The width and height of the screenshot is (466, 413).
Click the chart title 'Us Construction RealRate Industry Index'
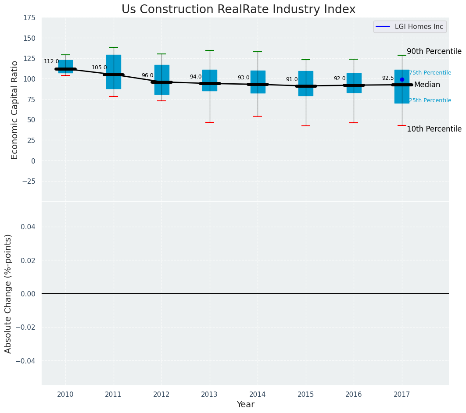click(238, 10)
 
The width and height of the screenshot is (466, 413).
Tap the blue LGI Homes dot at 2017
click(402, 79)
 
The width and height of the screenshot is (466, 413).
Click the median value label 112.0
click(51, 61)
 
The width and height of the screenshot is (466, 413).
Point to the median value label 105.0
click(99, 68)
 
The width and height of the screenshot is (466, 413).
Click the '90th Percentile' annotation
click(434, 51)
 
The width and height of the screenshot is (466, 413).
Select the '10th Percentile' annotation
click(434, 129)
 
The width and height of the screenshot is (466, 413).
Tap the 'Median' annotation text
click(427, 85)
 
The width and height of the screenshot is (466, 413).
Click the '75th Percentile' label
click(430, 73)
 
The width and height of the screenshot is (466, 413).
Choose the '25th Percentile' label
click(430, 100)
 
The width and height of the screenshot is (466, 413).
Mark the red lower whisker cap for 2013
click(210, 122)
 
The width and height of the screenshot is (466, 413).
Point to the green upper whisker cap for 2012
click(161, 54)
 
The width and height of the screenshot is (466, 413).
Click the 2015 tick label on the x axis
click(306, 395)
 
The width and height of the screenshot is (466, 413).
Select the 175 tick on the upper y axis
click(29, 18)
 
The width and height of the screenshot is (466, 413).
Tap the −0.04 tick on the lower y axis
click(26, 361)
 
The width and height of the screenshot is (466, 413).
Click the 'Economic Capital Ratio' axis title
click(15, 110)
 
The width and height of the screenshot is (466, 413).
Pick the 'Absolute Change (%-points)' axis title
click(8, 293)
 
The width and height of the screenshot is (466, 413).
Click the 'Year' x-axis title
click(245, 405)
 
